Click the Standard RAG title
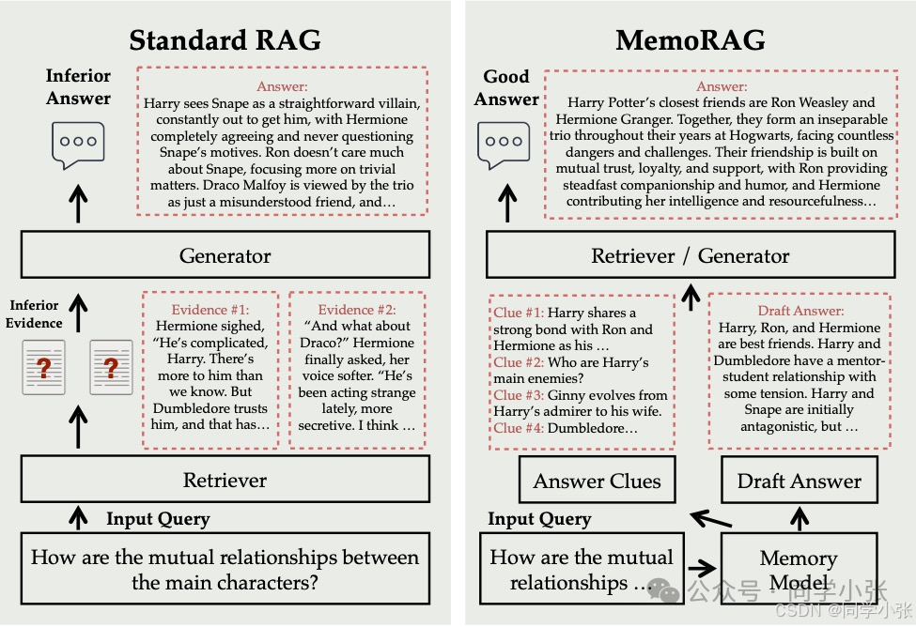tap(225, 40)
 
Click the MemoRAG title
tap(690, 40)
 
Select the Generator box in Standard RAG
tap(225, 255)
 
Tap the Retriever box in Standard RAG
tap(225, 480)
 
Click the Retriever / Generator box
tap(691, 255)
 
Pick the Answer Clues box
tap(597, 482)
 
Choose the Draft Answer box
tap(800, 482)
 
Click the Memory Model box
tap(799, 570)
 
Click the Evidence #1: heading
tap(210, 310)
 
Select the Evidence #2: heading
tap(357, 310)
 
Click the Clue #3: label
tap(519, 395)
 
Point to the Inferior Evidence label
tap(35, 314)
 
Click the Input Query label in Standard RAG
tap(158, 519)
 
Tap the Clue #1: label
tap(519, 313)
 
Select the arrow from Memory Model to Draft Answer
tap(800, 517)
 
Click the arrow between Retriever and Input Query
tap(78, 516)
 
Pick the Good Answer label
tap(506, 88)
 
